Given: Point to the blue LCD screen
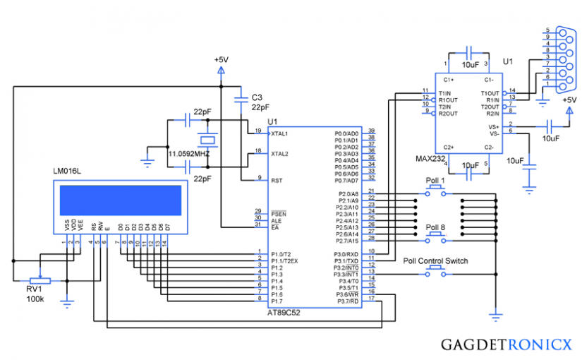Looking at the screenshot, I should pyautogui.click(x=121, y=200).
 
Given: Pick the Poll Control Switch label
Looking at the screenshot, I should pyautogui.click(x=435, y=260).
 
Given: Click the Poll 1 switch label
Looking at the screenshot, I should pyautogui.click(x=435, y=181).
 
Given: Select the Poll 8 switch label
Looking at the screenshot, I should pyautogui.click(x=435, y=227).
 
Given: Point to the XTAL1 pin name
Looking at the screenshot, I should pyautogui.click(x=280, y=133).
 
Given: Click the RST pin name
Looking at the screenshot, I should pyautogui.click(x=277, y=180).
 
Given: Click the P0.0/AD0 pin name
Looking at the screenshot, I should pyautogui.click(x=347, y=133).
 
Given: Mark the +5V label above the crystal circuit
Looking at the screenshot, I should pyautogui.click(x=222, y=60).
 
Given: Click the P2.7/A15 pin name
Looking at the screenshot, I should pyautogui.click(x=347, y=241).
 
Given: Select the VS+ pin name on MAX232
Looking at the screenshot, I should pyautogui.click(x=494, y=126).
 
